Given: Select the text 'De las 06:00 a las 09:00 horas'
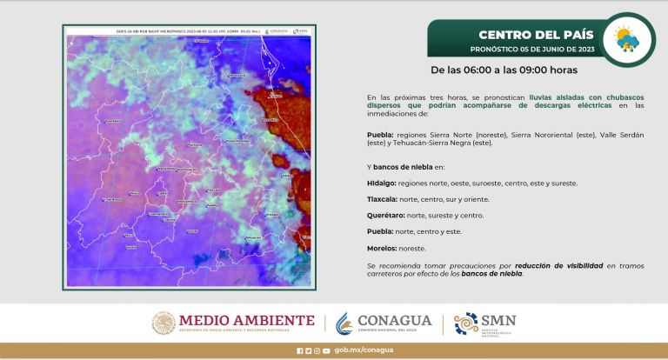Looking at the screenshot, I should (504, 70).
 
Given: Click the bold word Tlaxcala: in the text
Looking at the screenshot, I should (382, 199).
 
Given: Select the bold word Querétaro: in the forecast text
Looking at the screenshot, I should (385, 215).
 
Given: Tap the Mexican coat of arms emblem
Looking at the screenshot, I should (164, 323).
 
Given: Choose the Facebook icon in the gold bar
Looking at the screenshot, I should (299, 350).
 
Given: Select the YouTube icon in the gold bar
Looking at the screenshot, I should (326, 350).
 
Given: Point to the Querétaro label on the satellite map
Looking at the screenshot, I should (113, 121).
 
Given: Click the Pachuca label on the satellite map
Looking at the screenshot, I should (193, 144).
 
